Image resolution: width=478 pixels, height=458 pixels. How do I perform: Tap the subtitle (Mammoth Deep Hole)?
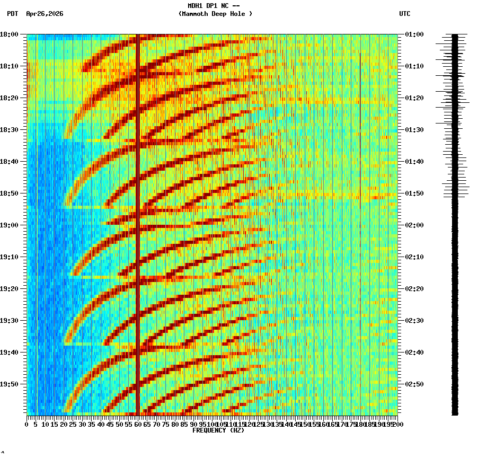point(215,14)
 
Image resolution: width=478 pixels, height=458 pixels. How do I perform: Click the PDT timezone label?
point(12,14)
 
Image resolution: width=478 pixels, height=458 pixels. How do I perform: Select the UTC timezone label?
point(404,14)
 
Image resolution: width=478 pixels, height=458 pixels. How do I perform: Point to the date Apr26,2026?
point(45,14)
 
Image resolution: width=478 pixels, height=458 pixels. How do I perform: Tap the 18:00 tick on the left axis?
point(11,34)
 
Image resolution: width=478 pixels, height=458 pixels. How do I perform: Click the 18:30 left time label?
point(11,130)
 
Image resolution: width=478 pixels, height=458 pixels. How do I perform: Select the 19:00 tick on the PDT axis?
point(11,225)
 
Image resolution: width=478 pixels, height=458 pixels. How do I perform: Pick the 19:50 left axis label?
point(11,384)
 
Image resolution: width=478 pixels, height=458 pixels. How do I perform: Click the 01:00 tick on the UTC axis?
point(413,34)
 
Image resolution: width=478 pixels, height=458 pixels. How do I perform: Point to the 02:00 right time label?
point(413,225)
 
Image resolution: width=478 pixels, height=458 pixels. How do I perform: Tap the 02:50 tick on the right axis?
point(413,384)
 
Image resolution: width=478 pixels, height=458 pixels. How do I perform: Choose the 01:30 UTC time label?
point(413,130)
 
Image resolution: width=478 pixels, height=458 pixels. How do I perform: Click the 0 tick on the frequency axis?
point(27,424)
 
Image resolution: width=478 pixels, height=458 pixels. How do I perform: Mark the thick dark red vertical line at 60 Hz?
point(137,223)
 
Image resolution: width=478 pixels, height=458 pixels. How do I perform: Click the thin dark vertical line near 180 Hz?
point(360,133)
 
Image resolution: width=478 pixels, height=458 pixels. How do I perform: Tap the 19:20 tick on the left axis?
point(11,289)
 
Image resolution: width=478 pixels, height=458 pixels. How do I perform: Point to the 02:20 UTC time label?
point(413,289)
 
